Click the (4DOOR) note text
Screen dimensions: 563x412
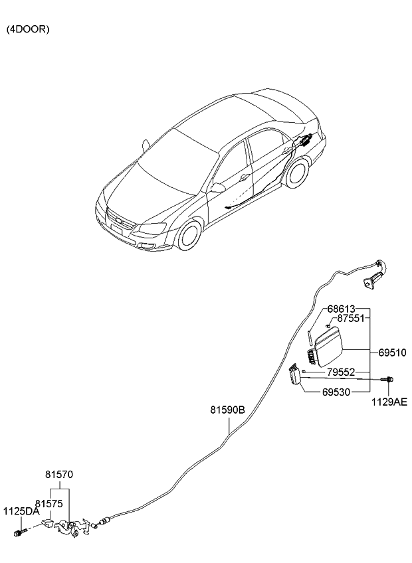(x=28, y=30)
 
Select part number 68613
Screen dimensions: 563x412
(x=341, y=309)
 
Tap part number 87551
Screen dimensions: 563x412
(x=352, y=319)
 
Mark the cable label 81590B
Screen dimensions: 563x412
(x=229, y=411)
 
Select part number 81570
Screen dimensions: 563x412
(x=59, y=475)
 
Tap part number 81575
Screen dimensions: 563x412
(x=49, y=504)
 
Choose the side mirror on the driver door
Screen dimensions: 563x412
(x=218, y=189)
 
